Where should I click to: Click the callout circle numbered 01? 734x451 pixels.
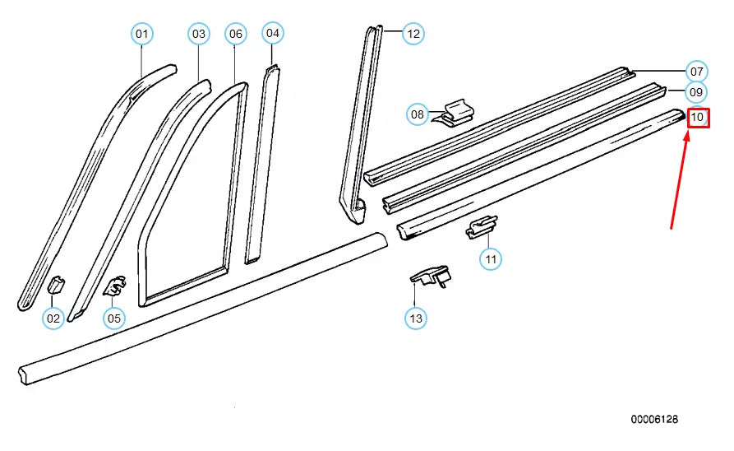click(x=142, y=34)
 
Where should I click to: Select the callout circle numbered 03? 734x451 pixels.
click(x=199, y=34)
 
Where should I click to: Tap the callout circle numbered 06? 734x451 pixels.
click(x=236, y=34)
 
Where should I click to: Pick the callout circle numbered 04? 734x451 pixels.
click(x=273, y=33)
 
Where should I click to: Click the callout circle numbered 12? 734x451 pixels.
click(x=413, y=34)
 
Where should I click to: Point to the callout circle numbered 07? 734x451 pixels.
click(x=696, y=71)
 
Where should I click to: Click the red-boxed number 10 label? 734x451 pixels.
click(x=697, y=119)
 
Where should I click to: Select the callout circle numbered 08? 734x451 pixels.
click(x=418, y=114)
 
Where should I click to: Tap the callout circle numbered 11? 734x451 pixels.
click(x=491, y=259)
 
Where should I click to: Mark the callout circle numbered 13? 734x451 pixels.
click(x=416, y=318)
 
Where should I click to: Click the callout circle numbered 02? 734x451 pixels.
click(x=53, y=318)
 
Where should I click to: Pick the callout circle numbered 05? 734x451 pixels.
click(x=113, y=318)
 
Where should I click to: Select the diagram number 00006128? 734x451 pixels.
click(x=654, y=420)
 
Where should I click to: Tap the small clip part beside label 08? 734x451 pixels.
click(x=455, y=114)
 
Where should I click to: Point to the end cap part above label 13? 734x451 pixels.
click(x=430, y=277)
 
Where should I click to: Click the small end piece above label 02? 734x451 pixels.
click(x=58, y=286)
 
